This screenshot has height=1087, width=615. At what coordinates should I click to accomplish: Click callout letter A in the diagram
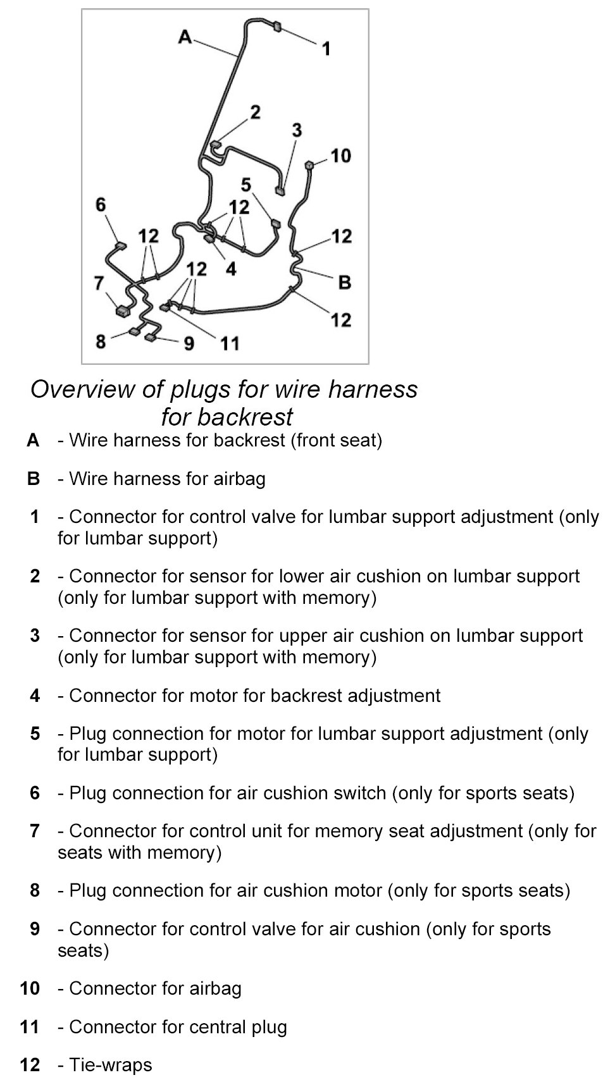pos(185,37)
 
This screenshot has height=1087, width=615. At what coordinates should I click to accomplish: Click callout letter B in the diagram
pos(345,282)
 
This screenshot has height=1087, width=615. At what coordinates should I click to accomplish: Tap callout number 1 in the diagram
pos(326,48)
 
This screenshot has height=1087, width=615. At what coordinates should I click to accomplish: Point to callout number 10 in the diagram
pos(340,156)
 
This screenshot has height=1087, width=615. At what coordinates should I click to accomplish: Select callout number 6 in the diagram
pos(101,204)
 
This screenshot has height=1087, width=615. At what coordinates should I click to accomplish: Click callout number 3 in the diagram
pos(297,130)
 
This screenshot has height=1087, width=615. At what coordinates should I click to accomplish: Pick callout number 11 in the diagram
pos(230,343)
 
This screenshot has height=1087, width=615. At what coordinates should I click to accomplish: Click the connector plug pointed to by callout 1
pos(276,27)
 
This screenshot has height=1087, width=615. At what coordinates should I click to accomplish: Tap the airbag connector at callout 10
pos(309,166)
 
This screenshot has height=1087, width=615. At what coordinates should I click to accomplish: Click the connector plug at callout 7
pos(121,310)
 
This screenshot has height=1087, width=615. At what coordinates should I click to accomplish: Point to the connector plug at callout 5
pos(275,223)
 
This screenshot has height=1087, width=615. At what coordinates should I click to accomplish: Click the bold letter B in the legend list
pos(34,479)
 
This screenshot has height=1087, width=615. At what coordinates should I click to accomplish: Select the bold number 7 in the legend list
pos(35,831)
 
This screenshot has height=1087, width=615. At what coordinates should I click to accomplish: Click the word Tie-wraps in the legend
pos(111,1065)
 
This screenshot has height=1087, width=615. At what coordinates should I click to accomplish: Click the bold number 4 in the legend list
pos(35,696)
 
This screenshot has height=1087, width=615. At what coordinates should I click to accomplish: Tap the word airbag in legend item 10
pos(213,988)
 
